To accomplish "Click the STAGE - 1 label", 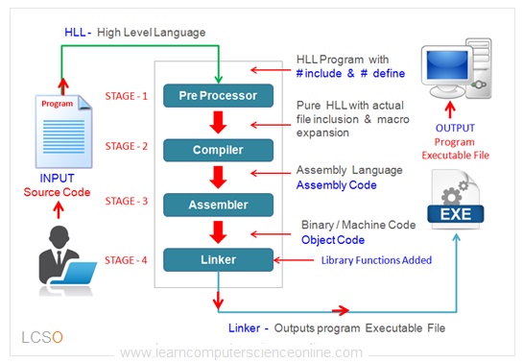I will [128, 95].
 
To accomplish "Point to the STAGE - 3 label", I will [128, 202].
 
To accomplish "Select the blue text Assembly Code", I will [338, 184].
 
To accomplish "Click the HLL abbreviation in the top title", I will [75, 33].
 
